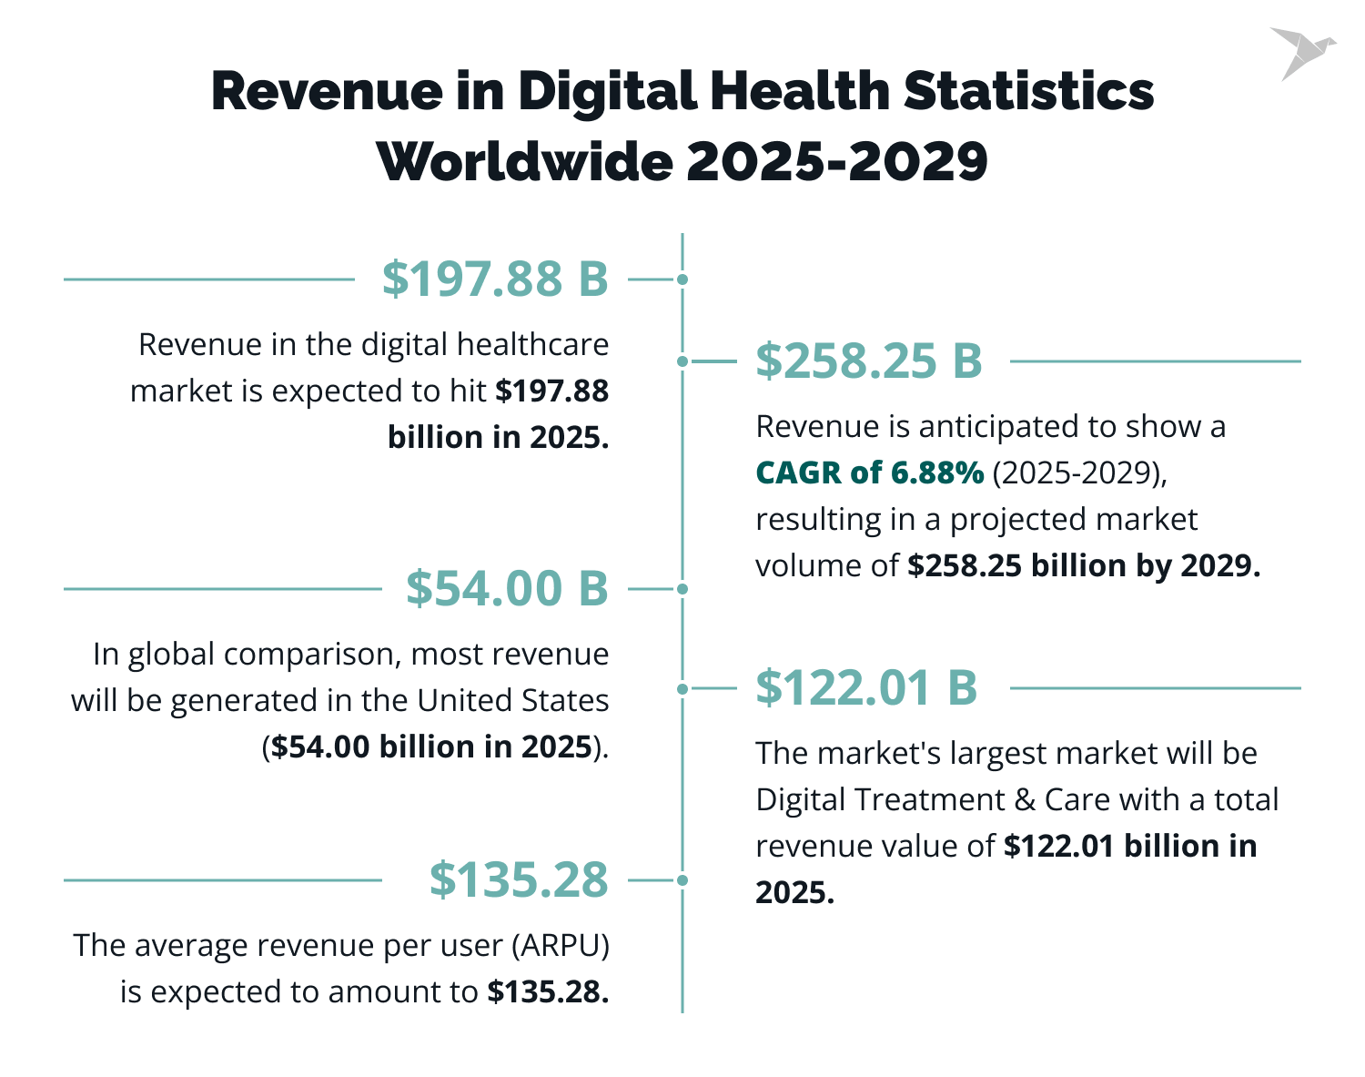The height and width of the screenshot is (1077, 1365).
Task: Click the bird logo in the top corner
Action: pos(1301,53)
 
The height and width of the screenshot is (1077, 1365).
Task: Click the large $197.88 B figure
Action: pos(494,279)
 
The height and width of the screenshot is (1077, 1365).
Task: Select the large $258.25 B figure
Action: pos(869,361)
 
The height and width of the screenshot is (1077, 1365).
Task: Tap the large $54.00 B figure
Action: pos(507,588)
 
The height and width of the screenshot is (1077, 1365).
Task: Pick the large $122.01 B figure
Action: pos(866,687)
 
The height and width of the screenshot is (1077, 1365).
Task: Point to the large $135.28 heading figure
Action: pos(519,879)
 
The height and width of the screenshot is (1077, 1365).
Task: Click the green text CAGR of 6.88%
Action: pos(869,472)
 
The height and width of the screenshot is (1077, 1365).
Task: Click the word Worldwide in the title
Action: pos(524,162)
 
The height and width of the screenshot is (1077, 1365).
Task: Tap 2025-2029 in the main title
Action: pos(836,162)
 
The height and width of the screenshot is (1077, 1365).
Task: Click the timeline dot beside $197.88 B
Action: pos(682,279)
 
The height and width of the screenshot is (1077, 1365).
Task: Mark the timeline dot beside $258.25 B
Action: pos(682,361)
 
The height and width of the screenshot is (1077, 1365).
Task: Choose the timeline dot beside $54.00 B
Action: pos(682,589)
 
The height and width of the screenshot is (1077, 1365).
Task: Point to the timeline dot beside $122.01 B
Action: pos(682,689)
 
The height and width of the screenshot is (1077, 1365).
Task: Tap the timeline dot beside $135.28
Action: pos(682,880)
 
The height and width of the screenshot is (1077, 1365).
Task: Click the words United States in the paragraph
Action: pos(513,700)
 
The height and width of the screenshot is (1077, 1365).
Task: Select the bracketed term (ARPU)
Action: pos(560,945)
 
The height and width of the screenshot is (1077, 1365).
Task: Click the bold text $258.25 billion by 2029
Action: pos(1084,565)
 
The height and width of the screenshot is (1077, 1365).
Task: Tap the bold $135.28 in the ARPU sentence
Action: pos(547,991)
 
